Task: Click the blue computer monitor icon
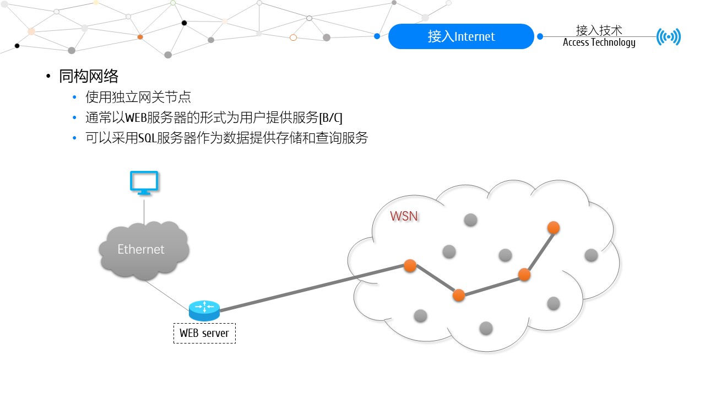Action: click(144, 183)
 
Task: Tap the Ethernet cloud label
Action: click(141, 249)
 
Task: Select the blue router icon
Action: click(204, 310)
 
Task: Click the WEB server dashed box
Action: click(204, 333)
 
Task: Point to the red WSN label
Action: click(404, 216)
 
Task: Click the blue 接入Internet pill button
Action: click(461, 36)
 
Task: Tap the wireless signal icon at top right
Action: click(669, 37)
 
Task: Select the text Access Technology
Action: click(599, 43)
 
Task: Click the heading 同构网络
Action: click(89, 76)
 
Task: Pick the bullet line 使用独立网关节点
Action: click(138, 98)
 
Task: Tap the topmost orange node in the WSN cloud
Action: click(554, 227)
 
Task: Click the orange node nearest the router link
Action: click(410, 265)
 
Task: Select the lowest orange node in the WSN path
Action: click(459, 295)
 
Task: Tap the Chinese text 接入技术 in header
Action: click(599, 30)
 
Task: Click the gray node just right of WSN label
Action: click(470, 220)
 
